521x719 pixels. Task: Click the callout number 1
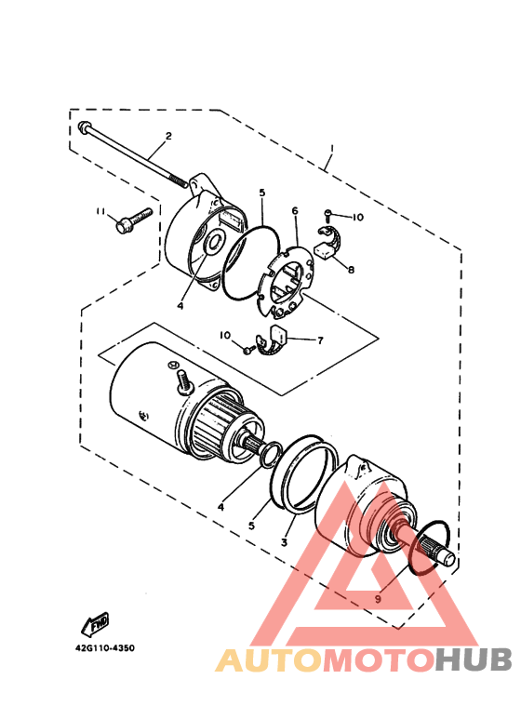coord(331,150)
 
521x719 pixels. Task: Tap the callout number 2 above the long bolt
coord(168,136)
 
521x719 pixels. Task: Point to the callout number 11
coord(100,211)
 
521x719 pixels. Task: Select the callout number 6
coord(294,210)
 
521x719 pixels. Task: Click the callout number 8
coord(351,270)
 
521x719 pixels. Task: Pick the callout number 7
coord(320,340)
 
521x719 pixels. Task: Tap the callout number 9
coord(378,599)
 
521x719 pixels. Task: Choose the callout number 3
coord(285,542)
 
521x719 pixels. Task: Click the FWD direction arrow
coord(96,623)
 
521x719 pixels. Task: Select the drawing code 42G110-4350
coord(105,648)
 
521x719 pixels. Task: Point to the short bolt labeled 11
coord(133,220)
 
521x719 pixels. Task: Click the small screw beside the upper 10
coord(328,213)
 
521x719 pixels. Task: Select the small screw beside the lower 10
coord(249,350)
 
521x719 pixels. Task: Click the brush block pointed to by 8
coord(324,251)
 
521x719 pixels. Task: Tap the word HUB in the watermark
coord(473,659)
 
